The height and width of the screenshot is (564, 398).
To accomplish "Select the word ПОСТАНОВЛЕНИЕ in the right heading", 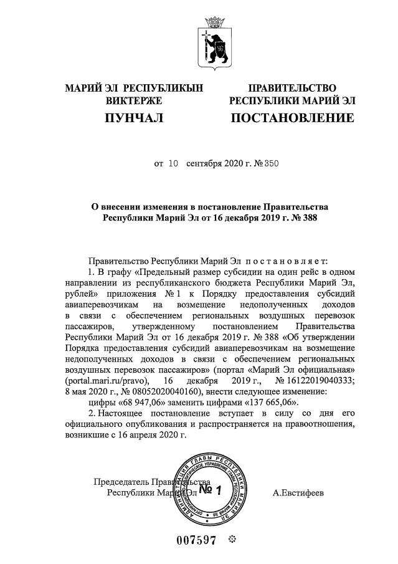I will [292, 118].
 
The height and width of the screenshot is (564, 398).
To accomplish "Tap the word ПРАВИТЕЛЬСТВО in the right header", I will [292, 88].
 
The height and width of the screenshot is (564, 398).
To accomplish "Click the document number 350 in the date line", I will [271, 164].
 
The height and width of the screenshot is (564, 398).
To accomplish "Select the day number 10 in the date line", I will [173, 164].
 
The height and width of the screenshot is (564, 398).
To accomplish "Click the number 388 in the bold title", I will [292, 219].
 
